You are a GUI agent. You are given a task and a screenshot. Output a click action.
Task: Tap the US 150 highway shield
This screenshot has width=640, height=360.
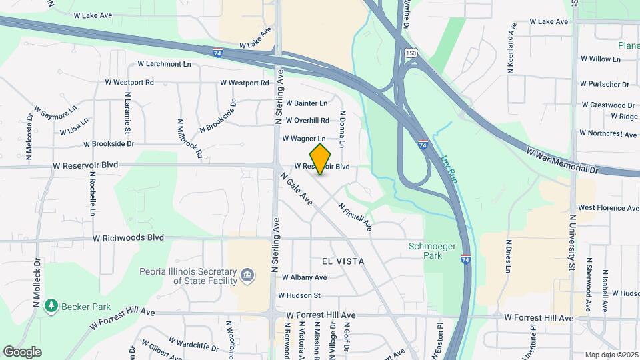(411, 53)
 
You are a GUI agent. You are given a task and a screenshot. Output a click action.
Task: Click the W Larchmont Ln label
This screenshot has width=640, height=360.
(164, 64)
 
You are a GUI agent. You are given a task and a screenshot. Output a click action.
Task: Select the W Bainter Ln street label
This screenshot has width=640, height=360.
(307, 103)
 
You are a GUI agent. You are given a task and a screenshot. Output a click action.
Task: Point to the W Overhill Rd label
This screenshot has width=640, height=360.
(307, 121)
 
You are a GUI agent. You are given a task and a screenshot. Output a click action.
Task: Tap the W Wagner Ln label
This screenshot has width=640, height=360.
(304, 139)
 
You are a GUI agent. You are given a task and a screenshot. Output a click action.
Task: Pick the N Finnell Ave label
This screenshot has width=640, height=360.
(355, 217)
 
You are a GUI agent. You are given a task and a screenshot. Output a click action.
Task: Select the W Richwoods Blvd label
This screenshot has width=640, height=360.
(128, 237)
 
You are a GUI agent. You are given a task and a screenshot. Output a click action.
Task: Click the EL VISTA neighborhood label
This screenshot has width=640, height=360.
(343, 261)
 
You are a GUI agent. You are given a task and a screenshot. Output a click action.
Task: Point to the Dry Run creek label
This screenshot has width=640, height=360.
(449, 169)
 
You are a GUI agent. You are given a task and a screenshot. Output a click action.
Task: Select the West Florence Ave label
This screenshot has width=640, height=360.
(608, 208)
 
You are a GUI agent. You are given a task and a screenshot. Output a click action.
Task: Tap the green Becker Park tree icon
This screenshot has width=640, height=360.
(51, 305)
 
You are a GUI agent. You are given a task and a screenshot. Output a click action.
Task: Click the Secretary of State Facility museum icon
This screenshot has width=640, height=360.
(247, 275)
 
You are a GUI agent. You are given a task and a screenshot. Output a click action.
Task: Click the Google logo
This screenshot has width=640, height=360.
(22, 351)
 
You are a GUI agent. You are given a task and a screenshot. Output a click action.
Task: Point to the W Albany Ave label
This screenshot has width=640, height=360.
(304, 277)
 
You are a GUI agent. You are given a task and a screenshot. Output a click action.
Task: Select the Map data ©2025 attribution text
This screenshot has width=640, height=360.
(611, 355)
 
